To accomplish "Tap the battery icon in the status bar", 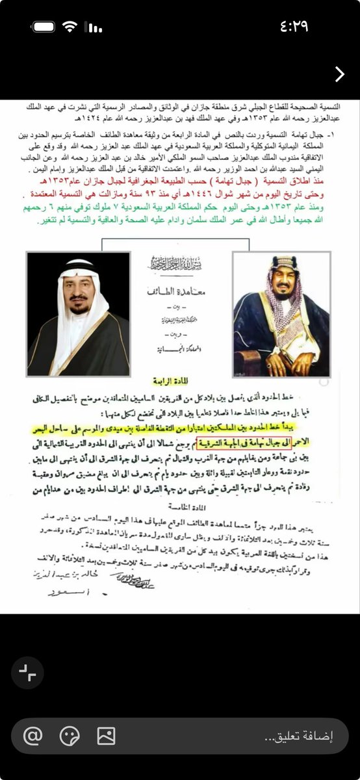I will click(44, 27).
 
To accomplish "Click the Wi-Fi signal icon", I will click(70, 27).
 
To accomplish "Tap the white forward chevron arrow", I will click(339, 74).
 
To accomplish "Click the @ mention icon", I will click(32, 736).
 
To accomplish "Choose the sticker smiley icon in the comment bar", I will click(69, 736).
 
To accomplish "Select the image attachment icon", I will click(106, 736).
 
